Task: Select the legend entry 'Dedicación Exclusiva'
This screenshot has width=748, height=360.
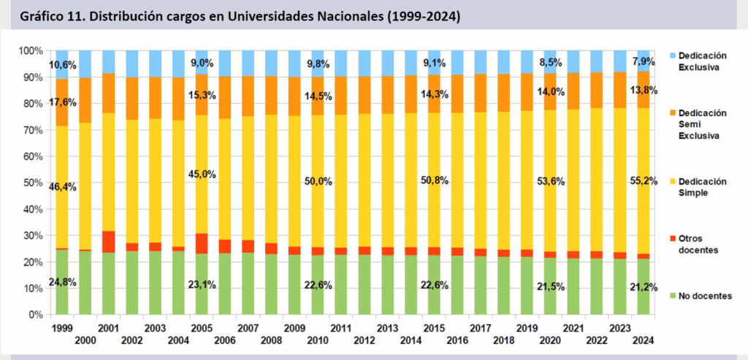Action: [x=702, y=61]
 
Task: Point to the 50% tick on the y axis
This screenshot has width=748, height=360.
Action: [x=33, y=183]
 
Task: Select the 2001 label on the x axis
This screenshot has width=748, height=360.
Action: [x=109, y=329]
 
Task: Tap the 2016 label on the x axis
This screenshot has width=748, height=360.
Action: [x=458, y=340]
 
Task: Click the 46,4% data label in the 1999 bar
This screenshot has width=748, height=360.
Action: [x=63, y=187]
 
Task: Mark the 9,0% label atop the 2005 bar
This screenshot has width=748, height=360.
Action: [x=203, y=63]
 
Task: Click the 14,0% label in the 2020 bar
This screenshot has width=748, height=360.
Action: [x=552, y=91]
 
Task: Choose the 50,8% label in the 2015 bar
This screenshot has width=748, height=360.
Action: [x=435, y=180]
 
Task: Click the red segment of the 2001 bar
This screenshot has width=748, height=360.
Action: [x=109, y=242]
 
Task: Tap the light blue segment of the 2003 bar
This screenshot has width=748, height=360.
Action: [x=156, y=64]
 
